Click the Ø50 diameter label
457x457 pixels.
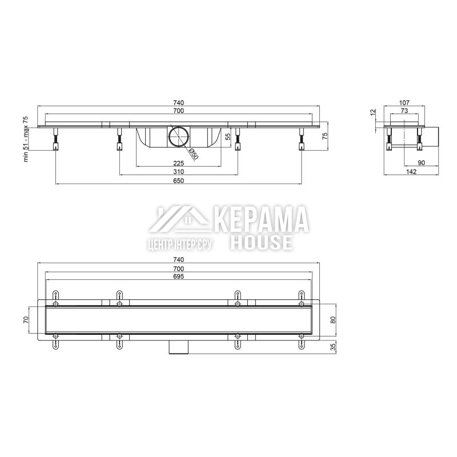(x=194, y=154)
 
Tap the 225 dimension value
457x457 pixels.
(x=178, y=163)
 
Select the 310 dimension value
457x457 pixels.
(x=178, y=171)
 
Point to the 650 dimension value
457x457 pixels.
(x=178, y=181)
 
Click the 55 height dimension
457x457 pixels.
(x=228, y=137)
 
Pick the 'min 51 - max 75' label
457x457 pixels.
(x=26, y=139)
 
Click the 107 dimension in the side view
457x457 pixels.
(x=404, y=103)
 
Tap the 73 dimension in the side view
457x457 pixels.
(x=404, y=110)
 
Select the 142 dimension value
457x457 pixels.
(x=411, y=172)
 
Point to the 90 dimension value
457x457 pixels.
(x=421, y=163)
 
